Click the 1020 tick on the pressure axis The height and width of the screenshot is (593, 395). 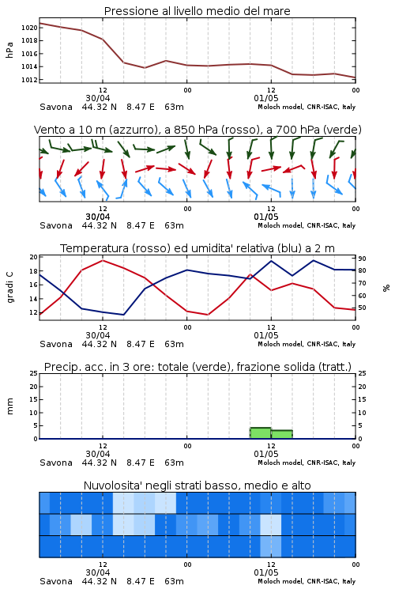(x=29, y=28)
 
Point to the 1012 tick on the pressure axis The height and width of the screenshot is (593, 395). (x=29, y=80)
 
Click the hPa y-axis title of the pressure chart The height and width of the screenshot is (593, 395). (x=9, y=50)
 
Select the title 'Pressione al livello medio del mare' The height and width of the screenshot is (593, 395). (x=197, y=11)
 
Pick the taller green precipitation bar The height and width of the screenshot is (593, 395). (x=261, y=433)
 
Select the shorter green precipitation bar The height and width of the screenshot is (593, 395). (x=281, y=434)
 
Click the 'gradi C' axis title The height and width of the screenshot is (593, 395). (x=10, y=287)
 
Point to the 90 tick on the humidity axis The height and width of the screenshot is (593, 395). (x=362, y=259)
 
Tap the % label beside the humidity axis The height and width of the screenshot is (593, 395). (x=386, y=288)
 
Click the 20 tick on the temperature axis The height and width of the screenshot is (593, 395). (x=34, y=257)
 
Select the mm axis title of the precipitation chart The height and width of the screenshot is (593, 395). (x=9, y=406)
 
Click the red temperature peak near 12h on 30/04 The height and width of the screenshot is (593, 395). (x=103, y=261)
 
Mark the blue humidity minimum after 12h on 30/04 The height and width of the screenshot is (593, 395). (x=123, y=314)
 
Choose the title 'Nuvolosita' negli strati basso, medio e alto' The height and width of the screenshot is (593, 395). (x=197, y=485)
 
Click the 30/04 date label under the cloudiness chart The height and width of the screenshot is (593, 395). (x=98, y=572)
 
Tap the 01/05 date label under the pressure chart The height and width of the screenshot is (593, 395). (x=266, y=98)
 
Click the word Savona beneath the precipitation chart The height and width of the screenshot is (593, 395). (x=56, y=463)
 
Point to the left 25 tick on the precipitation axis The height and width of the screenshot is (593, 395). (x=34, y=373)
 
